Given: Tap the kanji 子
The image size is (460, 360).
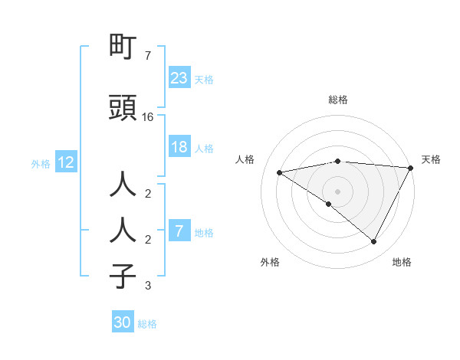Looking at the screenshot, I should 123,276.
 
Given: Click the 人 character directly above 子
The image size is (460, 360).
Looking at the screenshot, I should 123,229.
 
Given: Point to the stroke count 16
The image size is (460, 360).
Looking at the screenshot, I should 149,117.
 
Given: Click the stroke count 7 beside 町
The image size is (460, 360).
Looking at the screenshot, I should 147,56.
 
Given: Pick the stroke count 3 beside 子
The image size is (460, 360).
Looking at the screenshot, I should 147,286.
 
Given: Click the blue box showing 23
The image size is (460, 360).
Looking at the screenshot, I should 179,77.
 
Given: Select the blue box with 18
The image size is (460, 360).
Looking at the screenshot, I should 179,147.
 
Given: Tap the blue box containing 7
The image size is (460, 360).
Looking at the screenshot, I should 179,231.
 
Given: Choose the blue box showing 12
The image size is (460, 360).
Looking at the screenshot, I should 66,162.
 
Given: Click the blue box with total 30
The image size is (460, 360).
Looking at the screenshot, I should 123,322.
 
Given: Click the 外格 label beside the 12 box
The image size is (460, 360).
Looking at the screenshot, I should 41,163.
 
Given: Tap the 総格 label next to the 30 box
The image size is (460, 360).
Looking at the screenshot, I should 147,324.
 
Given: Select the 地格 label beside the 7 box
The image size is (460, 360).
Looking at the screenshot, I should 205,232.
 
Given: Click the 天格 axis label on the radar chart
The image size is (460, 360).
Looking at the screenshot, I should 431,159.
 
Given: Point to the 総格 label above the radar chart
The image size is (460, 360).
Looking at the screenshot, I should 337,100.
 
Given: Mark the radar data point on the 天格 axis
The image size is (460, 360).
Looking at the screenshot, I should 411,168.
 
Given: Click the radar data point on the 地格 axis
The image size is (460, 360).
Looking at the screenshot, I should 374,242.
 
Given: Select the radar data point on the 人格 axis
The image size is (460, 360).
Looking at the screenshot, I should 279,172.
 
